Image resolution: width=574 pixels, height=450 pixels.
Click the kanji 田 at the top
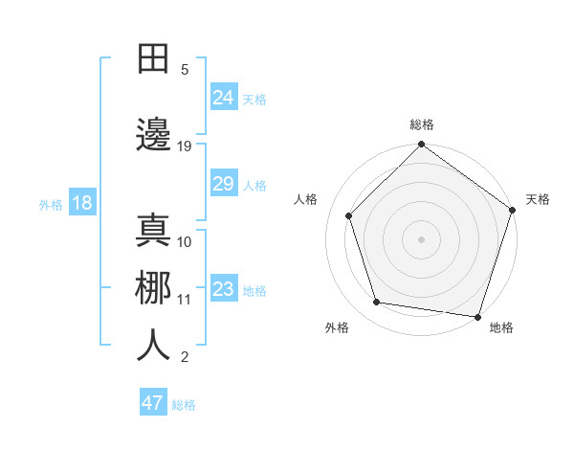154,58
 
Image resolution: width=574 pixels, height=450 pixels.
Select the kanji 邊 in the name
154,135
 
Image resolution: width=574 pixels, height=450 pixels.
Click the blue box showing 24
224,97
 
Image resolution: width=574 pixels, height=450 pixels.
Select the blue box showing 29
224,184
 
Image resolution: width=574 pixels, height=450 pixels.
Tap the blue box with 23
224,289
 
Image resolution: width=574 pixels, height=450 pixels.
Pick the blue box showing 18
81,203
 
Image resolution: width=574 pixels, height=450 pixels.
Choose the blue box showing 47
153,403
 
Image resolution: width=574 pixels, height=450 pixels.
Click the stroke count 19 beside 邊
185,146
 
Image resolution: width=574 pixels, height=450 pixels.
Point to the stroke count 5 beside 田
185,69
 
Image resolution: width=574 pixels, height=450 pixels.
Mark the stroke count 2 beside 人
185,357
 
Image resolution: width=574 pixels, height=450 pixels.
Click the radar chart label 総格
422,124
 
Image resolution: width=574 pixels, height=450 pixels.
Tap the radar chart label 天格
538,199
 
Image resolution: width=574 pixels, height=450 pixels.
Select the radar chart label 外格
337,327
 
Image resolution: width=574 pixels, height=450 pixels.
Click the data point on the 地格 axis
477,316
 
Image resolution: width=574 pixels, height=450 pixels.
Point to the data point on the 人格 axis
348,215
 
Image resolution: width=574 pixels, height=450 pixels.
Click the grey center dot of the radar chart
421,238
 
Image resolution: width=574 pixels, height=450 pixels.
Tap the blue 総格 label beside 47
184,405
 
